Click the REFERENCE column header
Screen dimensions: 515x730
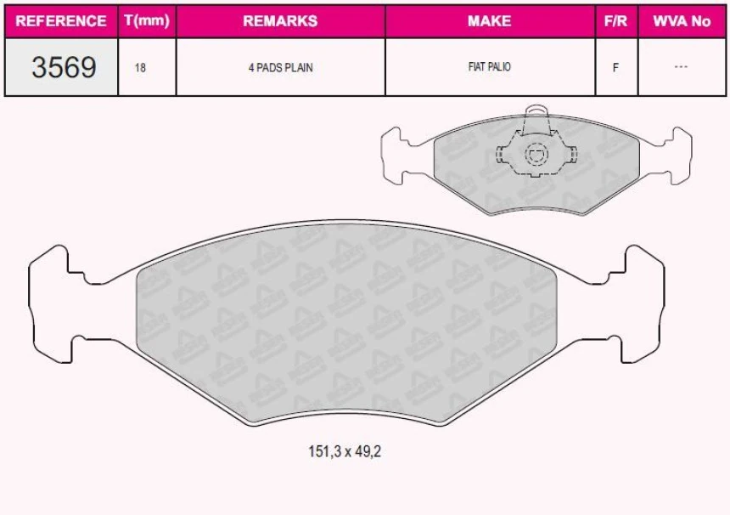pyautogui.click(x=61, y=21)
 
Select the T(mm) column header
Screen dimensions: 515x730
pyautogui.click(x=147, y=21)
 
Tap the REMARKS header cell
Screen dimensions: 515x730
pyautogui.click(x=280, y=21)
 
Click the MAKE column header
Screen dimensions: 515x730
pyautogui.click(x=489, y=21)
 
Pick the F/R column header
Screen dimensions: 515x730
pyautogui.click(x=615, y=21)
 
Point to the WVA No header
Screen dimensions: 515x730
pyautogui.click(x=681, y=21)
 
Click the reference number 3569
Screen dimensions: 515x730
pyautogui.click(x=64, y=67)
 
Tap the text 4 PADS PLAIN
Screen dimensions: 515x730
pyautogui.click(x=280, y=67)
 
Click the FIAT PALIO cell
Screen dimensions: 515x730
pyautogui.click(x=489, y=67)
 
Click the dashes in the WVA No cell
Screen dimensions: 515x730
pyautogui.click(x=681, y=67)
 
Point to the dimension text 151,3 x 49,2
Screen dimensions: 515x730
pyautogui.click(x=345, y=452)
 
